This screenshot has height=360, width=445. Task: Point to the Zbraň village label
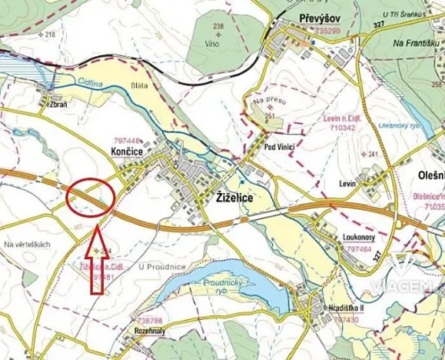[x=59, y=104]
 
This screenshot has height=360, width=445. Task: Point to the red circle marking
[x=91, y=196]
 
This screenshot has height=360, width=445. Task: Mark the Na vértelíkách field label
[x=27, y=244]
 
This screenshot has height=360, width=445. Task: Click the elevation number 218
[x=51, y=35]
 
